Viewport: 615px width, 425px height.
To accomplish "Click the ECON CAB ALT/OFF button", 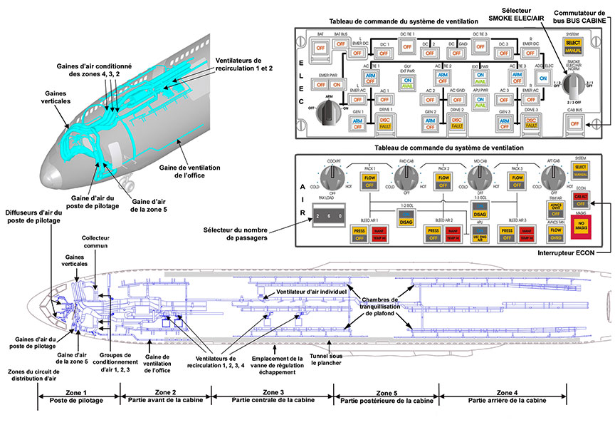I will point(582,200).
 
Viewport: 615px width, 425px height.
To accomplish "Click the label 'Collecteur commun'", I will point(97,242).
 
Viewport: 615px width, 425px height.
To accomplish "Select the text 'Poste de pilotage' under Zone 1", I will point(77,401).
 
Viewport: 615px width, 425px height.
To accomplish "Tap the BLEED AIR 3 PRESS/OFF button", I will point(507,235).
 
